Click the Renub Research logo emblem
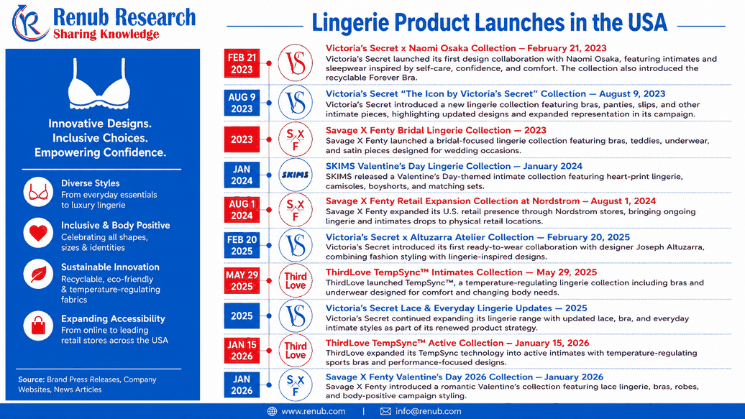pos(30,23)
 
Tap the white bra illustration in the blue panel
pos(99,84)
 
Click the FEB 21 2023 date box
pos(242,63)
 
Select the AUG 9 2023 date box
pos(242,103)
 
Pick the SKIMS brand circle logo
pos(295,175)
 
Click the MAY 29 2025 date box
pos(242,280)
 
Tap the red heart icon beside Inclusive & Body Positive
pos(38,233)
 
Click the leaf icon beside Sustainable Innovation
pos(38,274)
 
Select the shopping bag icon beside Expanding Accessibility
pos(38,326)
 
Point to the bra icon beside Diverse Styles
pos(38,192)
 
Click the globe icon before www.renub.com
pos(272,411)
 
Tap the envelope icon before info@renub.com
pos(385,411)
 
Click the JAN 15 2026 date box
pos(242,351)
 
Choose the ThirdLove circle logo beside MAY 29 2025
pos(295,280)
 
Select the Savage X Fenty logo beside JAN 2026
pos(295,385)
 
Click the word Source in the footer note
pos(32,379)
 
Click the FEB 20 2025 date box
pos(242,245)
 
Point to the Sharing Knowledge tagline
pos(106,34)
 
